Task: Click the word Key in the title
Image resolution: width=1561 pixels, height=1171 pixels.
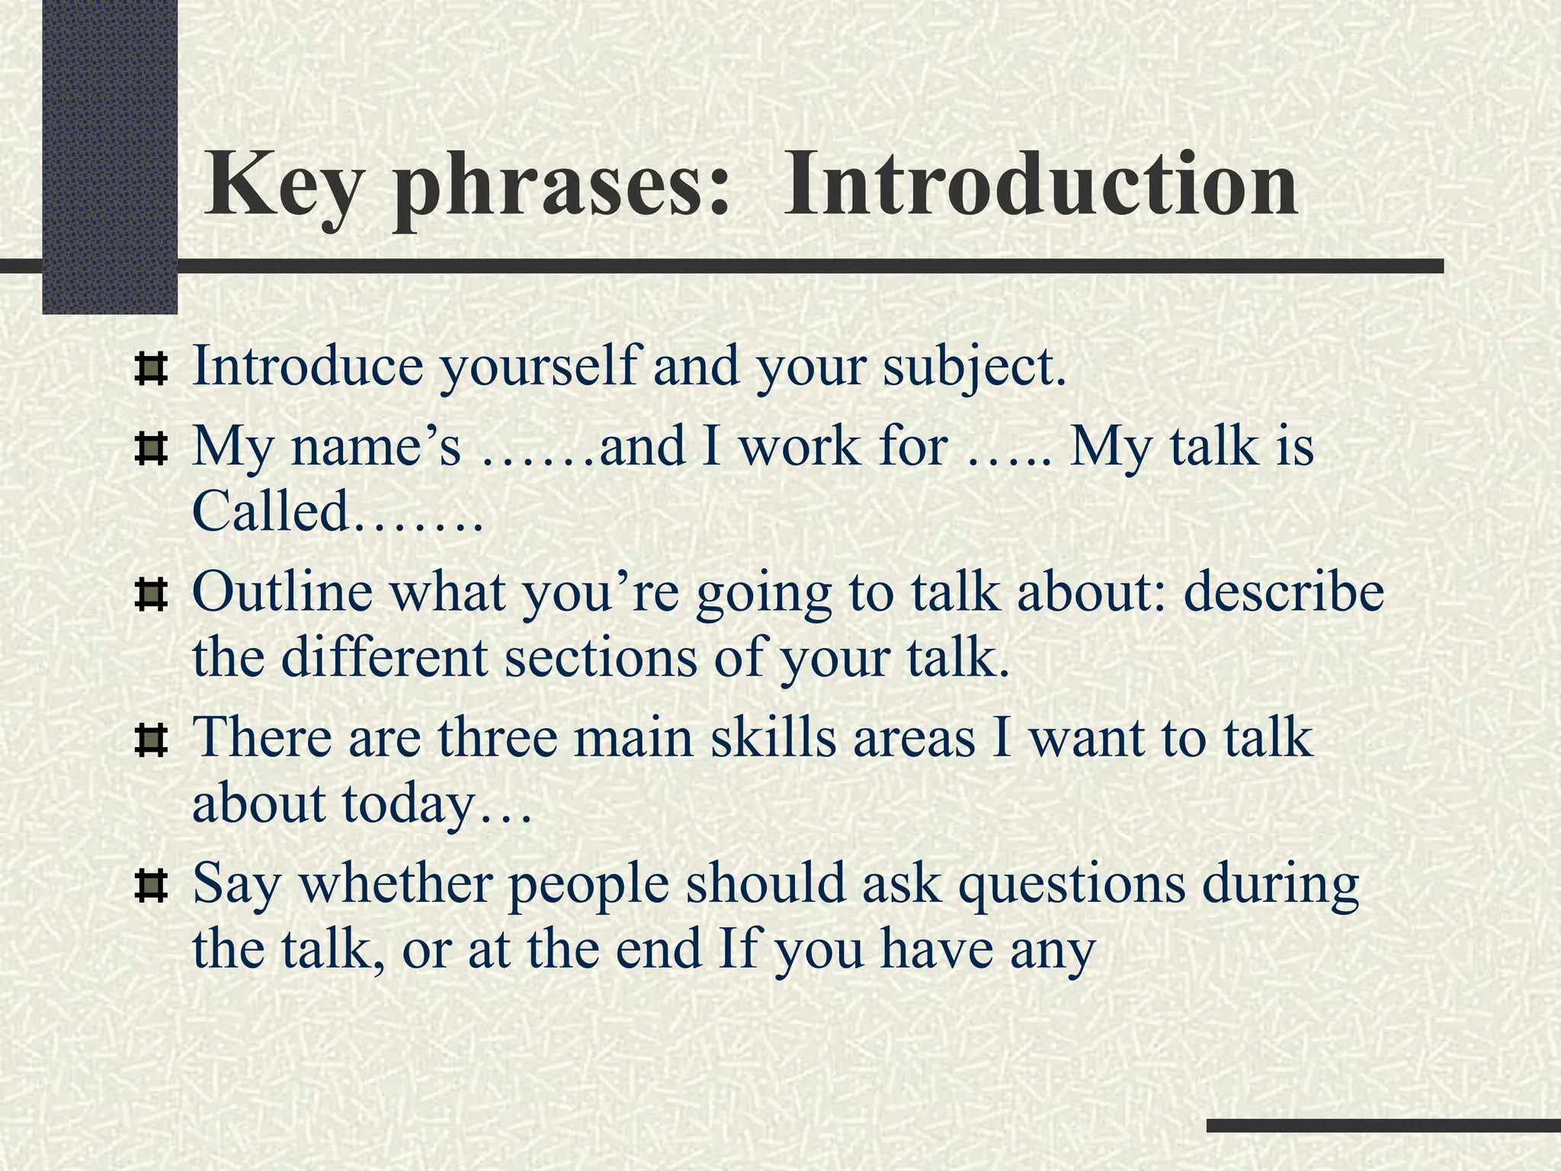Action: (x=280, y=187)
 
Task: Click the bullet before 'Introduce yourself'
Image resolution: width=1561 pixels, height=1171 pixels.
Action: (x=150, y=369)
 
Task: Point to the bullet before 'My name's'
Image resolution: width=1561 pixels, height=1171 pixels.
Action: (x=150, y=449)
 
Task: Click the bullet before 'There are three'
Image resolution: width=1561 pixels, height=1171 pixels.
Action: (x=150, y=740)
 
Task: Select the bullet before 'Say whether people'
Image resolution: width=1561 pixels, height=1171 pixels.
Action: (x=150, y=887)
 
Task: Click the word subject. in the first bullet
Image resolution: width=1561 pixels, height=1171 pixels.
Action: (x=973, y=367)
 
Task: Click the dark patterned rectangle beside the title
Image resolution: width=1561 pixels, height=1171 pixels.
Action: (x=110, y=156)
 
